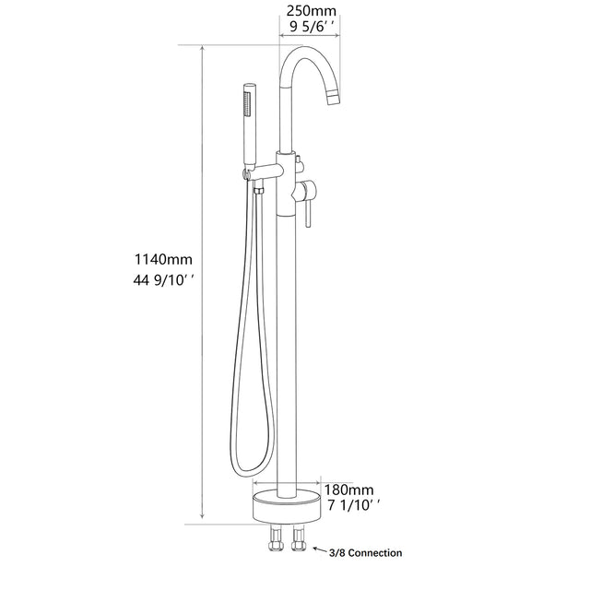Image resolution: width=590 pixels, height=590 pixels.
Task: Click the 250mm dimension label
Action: (311, 10)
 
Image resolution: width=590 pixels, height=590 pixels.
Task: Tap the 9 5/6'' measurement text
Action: (311, 28)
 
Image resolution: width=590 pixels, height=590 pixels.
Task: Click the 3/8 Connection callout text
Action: (365, 553)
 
